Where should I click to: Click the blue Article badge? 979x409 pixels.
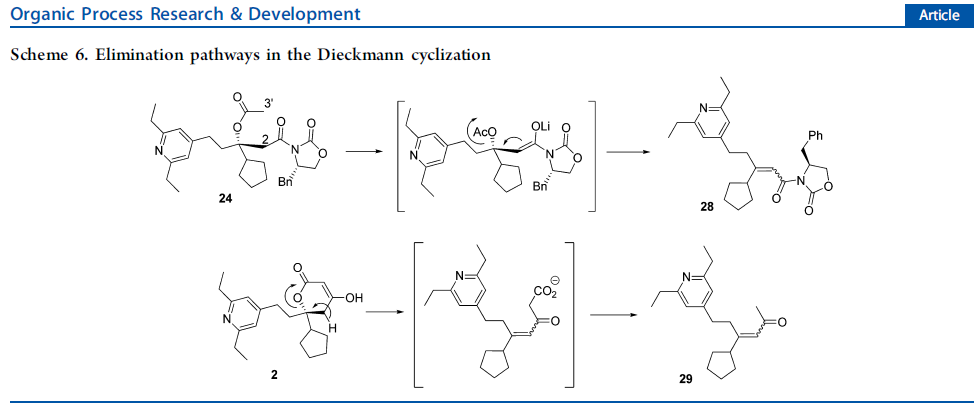pyautogui.click(x=937, y=15)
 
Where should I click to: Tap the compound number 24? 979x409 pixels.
pyautogui.click(x=227, y=199)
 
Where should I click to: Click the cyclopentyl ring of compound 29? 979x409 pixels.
pyautogui.click(x=721, y=366)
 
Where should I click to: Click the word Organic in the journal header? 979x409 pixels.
pyautogui.click(x=38, y=15)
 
